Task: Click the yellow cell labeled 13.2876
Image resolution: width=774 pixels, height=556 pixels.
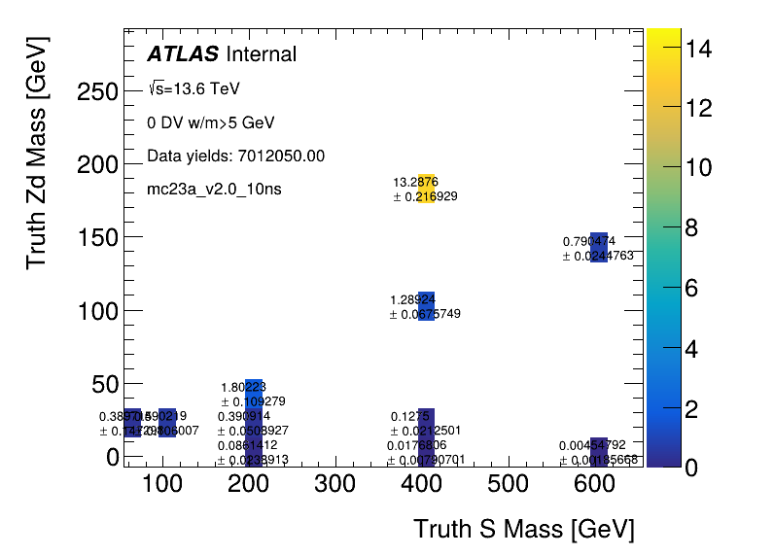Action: [426, 189]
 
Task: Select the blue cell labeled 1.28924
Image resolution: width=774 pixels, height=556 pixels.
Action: [426, 305]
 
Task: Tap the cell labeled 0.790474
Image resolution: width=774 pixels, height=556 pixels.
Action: [598, 247]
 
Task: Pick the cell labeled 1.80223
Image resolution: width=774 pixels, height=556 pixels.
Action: [254, 393]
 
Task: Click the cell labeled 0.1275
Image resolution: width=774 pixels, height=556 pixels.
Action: [426, 422]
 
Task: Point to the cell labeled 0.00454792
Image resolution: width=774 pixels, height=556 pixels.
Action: [598, 451]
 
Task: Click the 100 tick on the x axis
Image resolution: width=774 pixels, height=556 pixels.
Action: [162, 483]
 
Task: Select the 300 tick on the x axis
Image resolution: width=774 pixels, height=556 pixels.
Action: [334, 483]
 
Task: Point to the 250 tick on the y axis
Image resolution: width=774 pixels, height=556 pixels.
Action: [97, 91]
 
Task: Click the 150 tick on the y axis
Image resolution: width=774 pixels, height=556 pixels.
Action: [97, 237]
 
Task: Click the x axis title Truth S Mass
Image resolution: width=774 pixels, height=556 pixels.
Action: [523, 530]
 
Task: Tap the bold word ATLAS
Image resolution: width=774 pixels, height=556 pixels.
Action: [183, 55]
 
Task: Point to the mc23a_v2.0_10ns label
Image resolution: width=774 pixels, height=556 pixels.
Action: [214, 189]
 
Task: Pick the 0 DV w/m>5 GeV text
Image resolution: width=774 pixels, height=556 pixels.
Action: [211, 122]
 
